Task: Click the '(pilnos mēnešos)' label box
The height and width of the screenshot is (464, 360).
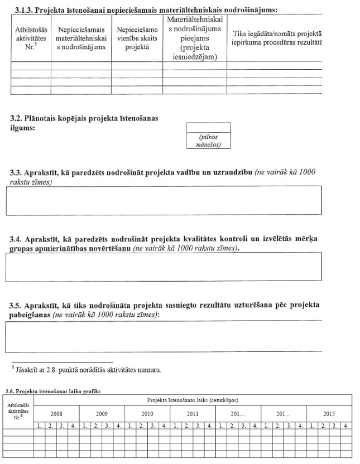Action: tap(203, 141)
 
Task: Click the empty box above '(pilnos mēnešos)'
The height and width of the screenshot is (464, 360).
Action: tap(203, 127)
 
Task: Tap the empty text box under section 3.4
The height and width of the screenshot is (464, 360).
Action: tap(164, 267)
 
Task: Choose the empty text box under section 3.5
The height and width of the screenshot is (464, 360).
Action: tap(164, 336)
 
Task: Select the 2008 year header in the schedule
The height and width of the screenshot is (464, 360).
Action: tap(56, 414)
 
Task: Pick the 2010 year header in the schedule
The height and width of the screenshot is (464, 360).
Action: tap(147, 414)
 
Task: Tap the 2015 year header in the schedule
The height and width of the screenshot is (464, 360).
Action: tap(329, 414)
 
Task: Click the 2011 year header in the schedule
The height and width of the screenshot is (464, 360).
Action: tap(193, 414)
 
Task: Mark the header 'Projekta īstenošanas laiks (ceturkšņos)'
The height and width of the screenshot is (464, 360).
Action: tap(193, 400)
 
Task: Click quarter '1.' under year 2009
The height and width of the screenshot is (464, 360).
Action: tap(85, 426)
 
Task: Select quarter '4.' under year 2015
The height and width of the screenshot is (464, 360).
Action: tap(347, 426)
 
